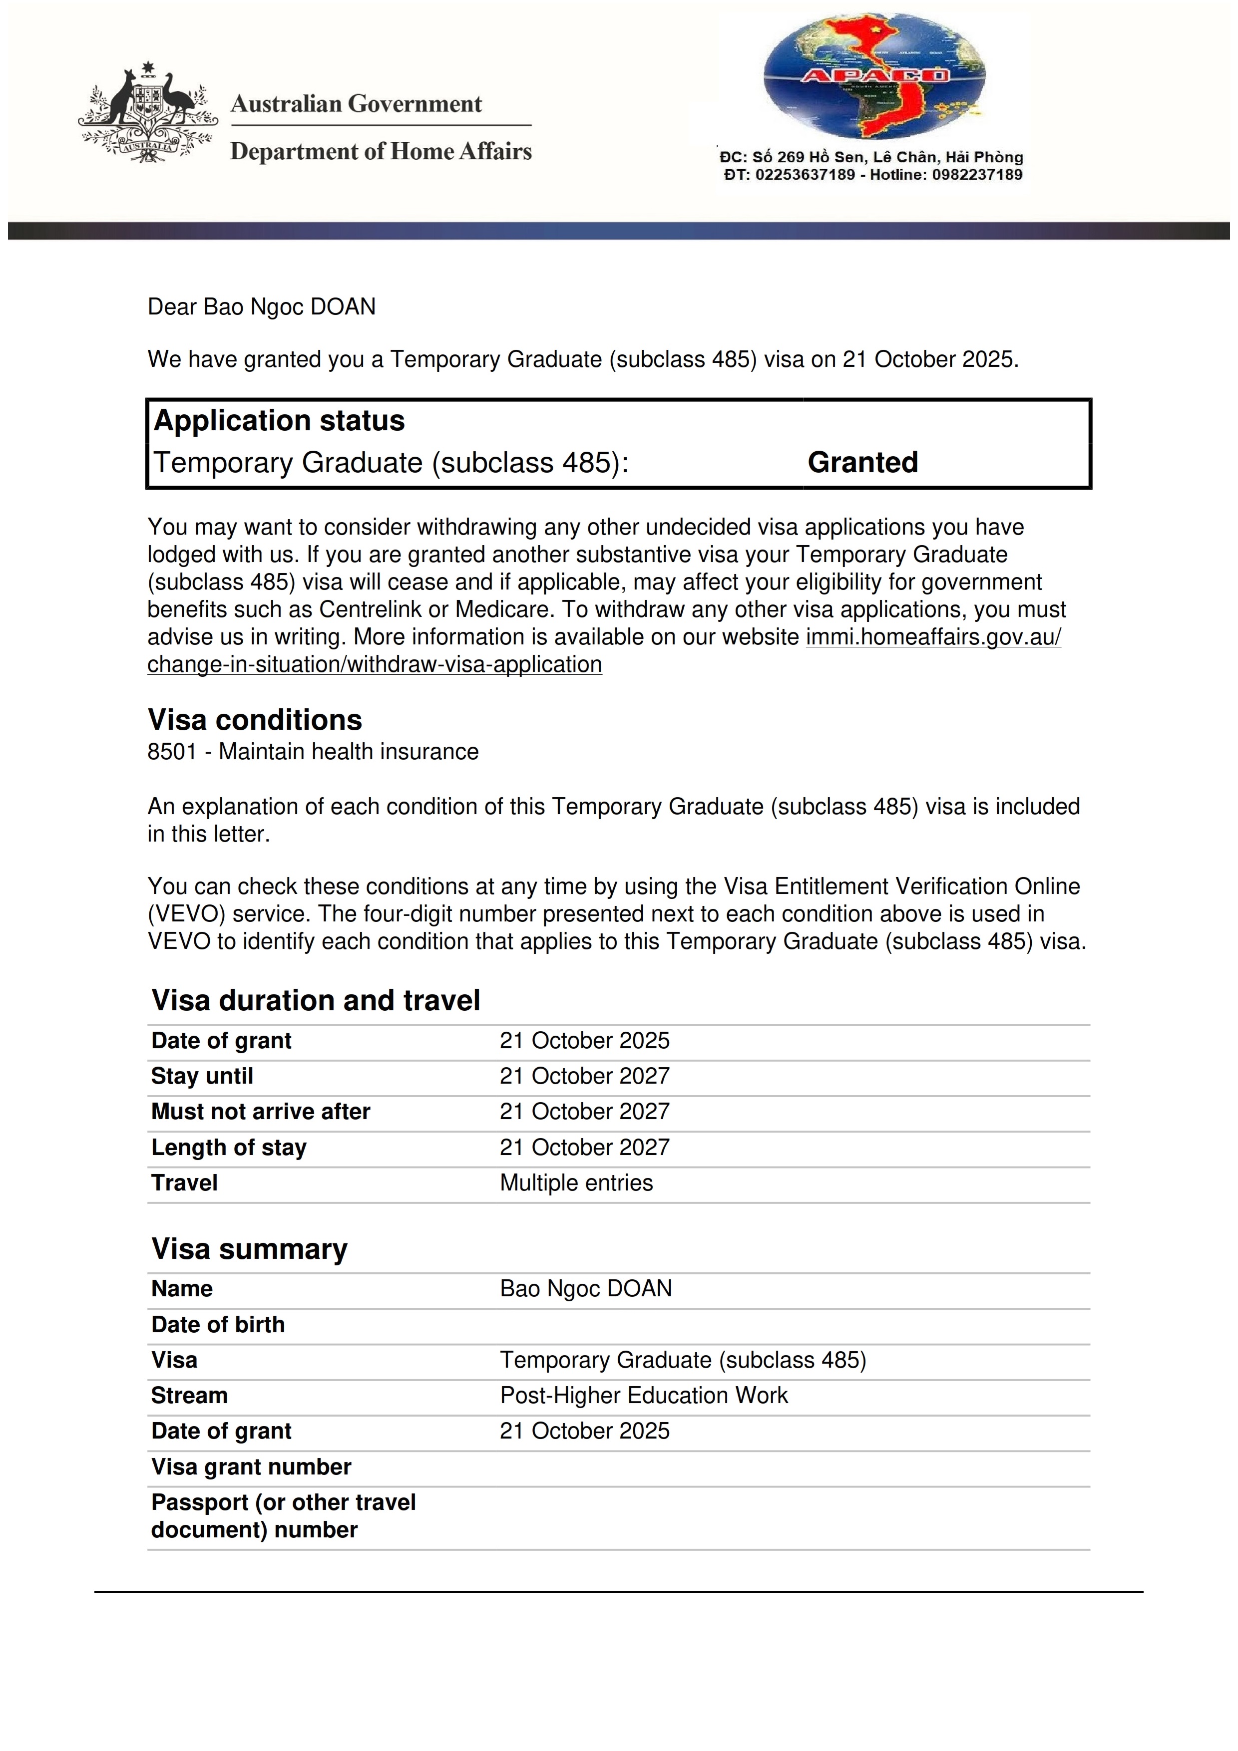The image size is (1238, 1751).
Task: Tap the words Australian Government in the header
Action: [356, 104]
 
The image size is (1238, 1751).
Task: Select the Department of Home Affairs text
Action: [381, 151]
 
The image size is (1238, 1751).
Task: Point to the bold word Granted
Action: [863, 462]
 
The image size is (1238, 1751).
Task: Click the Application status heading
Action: [279, 421]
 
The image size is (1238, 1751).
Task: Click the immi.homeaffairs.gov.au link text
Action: [933, 637]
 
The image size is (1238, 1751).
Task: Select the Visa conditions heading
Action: [255, 720]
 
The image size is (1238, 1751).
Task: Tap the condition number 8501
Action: [172, 752]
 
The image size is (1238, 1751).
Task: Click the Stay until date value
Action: [584, 1076]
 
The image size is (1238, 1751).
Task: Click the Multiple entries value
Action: [576, 1183]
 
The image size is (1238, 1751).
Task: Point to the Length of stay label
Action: [229, 1147]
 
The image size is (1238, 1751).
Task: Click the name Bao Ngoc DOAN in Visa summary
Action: [586, 1288]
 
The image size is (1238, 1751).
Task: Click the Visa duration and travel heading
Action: [316, 1001]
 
